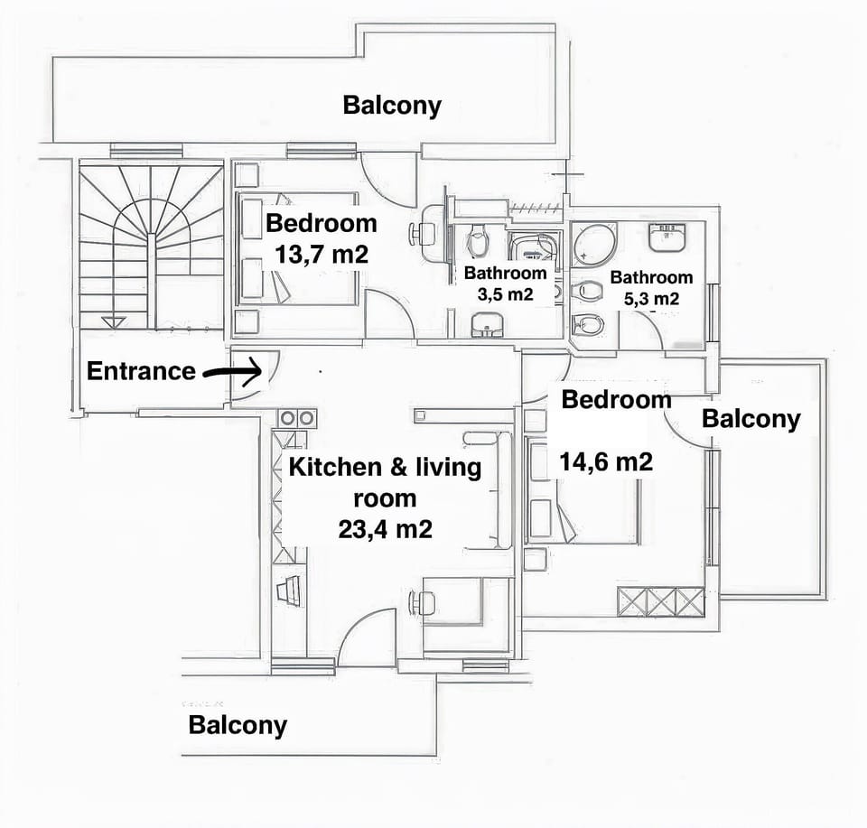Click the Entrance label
(141, 371)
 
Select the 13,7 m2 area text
(322, 255)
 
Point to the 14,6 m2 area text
(606, 462)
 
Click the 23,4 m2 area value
(385, 529)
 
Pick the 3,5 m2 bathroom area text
(505, 294)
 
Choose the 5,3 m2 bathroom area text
(651, 298)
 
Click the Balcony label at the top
(392, 105)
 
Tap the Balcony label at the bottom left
(238, 725)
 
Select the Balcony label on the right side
(750, 419)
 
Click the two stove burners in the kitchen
(297, 418)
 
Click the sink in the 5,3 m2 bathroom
(669, 237)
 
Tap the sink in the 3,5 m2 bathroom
(488, 324)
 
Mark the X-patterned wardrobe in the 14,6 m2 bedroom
(660, 600)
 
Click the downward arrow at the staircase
(113, 321)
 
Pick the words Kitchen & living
(385, 468)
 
